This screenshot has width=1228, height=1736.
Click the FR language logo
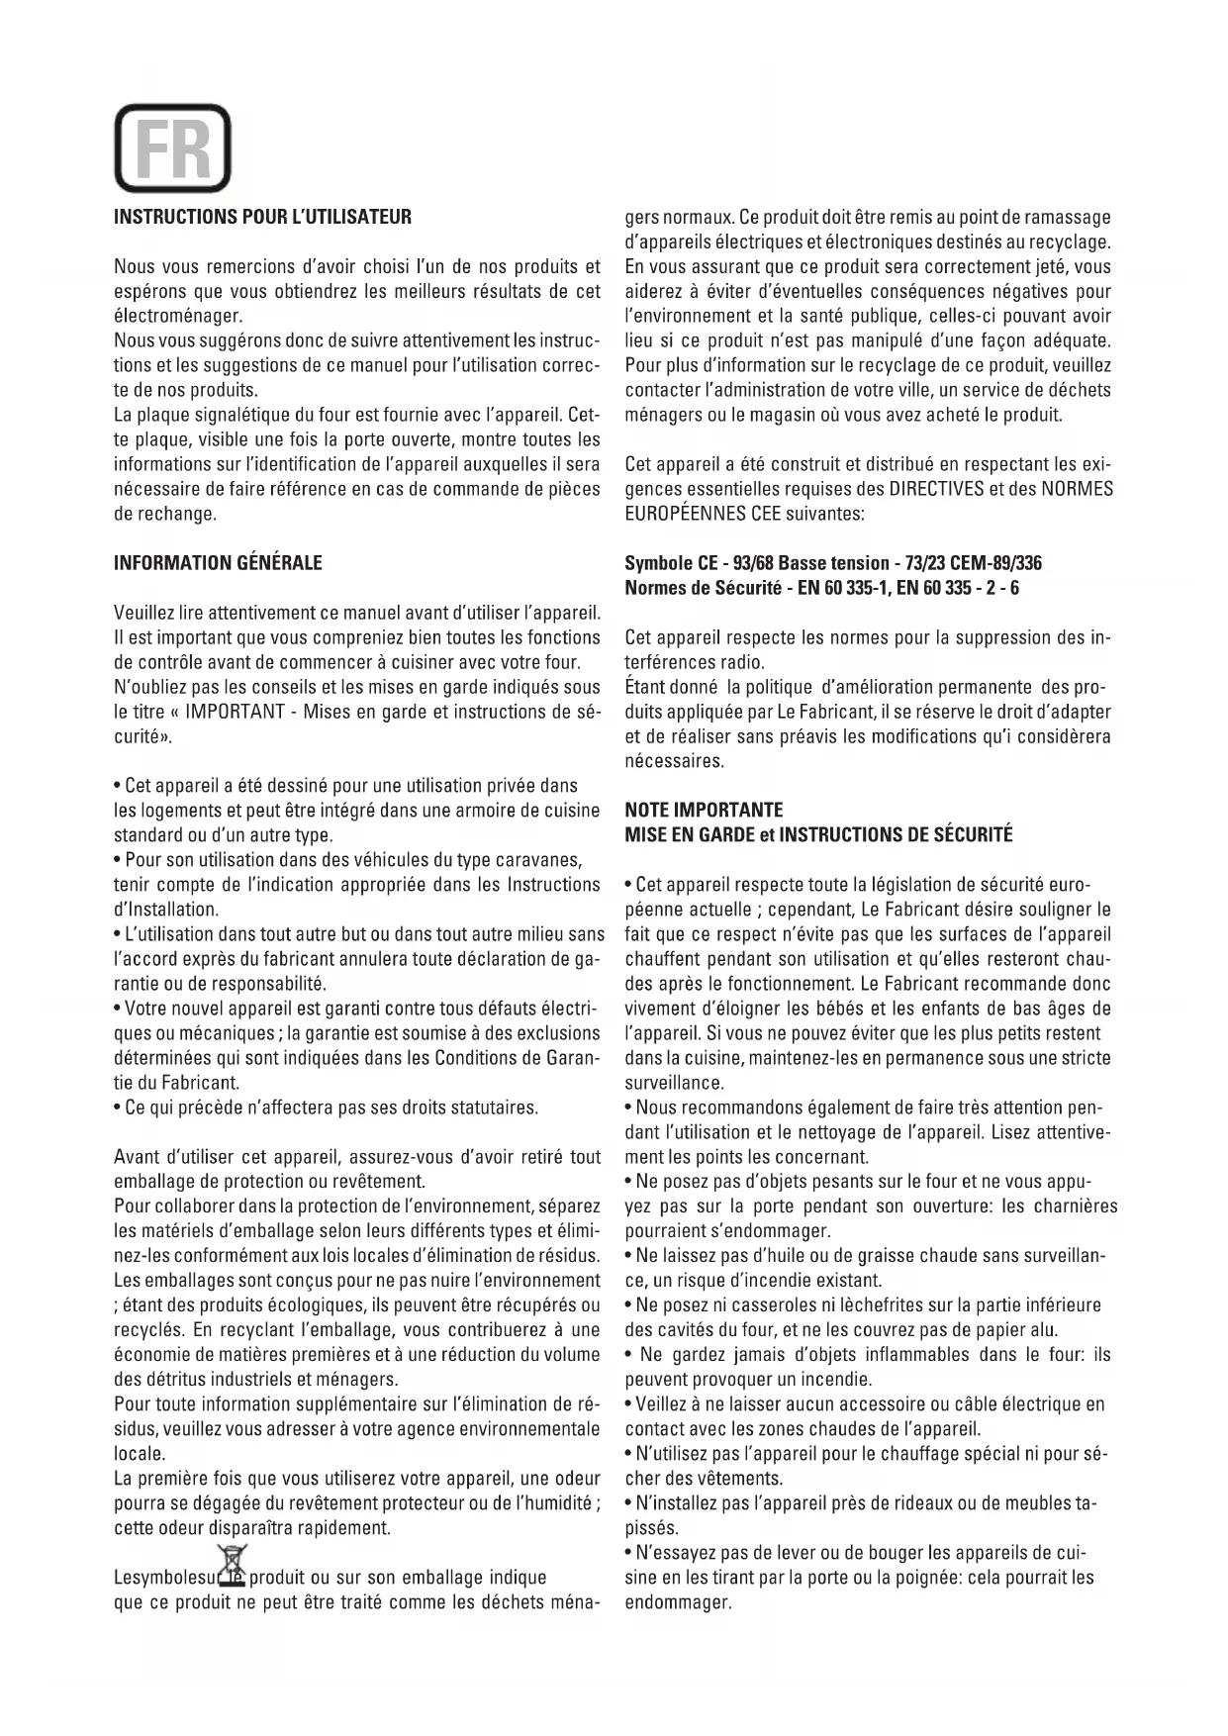point(172,148)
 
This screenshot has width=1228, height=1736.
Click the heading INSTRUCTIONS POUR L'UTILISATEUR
point(262,217)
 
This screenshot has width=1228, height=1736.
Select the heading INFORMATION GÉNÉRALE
point(218,563)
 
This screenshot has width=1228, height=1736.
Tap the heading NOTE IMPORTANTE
point(704,810)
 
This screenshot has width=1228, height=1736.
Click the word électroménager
point(178,316)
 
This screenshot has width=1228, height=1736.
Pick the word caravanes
point(541,859)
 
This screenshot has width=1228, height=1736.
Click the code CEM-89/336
point(992,563)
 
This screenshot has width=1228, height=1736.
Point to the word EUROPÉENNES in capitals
point(686,514)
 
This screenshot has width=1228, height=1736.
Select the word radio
point(744,662)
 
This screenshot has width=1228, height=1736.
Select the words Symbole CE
point(671,563)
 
